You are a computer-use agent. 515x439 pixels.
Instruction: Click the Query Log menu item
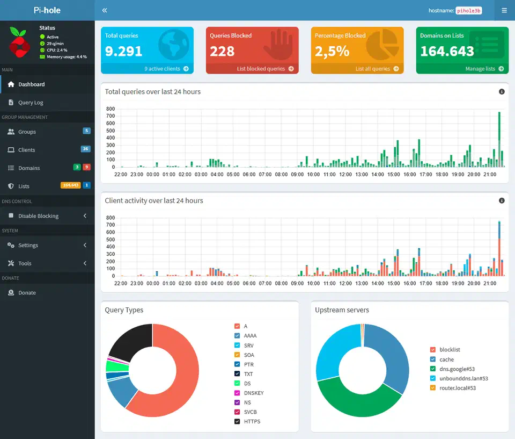tap(31, 103)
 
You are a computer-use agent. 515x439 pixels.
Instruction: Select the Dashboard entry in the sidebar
tap(31, 84)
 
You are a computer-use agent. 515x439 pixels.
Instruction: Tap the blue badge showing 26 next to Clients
tap(85, 149)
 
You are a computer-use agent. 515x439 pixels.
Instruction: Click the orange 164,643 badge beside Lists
tap(70, 185)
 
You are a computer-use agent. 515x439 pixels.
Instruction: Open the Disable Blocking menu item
tap(38, 216)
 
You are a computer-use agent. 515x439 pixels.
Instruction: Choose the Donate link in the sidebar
tap(27, 293)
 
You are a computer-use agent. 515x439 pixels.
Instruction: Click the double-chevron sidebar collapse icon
tap(105, 10)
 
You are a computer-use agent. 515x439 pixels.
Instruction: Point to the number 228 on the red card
tap(222, 52)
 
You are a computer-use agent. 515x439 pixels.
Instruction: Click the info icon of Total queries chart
tap(502, 92)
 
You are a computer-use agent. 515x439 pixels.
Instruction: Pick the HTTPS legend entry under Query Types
tap(252, 422)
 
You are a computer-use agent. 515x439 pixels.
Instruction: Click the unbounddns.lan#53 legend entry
tap(464, 378)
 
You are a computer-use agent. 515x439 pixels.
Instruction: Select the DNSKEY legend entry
tap(253, 393)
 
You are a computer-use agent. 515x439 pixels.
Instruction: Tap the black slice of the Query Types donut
tap(129, 341)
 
